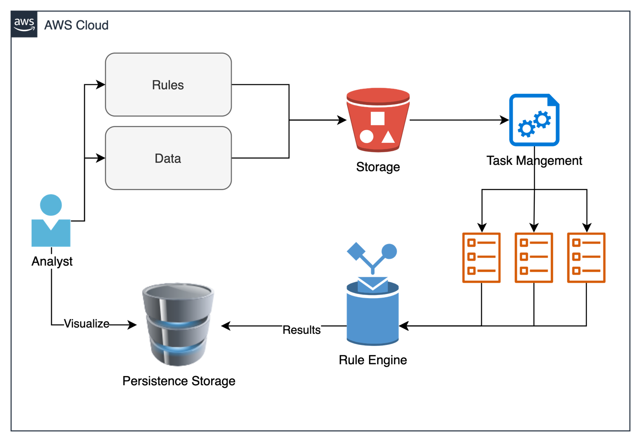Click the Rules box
[168, 85]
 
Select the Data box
[168, 158]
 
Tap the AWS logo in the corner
[24, 24]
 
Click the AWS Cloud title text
[76, 25]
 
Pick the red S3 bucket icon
[378, 120]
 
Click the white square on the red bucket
[377, 118]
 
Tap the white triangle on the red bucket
[388, 136]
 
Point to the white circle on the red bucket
[366, 136]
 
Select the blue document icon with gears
[534, 120]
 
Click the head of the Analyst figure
[51, 205]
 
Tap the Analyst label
[52, 261]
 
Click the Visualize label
[87, 324]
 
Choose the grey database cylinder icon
[178, 324]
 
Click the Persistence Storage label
[179, 381]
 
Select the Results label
[301, 330]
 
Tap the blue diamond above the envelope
[356, 251]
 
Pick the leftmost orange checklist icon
[481, 257]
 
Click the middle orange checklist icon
[534, 257]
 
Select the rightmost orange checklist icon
[586, 257]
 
